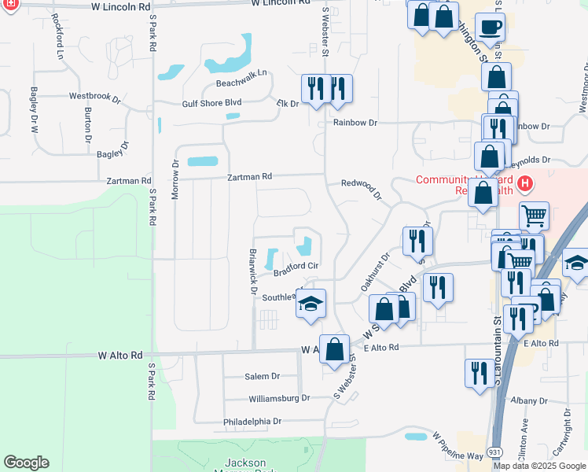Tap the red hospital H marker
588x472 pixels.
(x=525, y=185)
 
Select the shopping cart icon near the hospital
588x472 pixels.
(x=534, y=216)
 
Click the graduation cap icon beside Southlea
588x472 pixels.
(x=311, y=304)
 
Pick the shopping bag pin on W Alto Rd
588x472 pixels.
(x=334, y=349)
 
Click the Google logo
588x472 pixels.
(x=26, y=463)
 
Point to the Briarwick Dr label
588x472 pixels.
(x=252, y=272)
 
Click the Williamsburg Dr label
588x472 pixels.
(x=279, y=399)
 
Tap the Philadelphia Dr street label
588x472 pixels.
(x=252, y=422)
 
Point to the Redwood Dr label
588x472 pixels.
(x=362, y=189)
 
